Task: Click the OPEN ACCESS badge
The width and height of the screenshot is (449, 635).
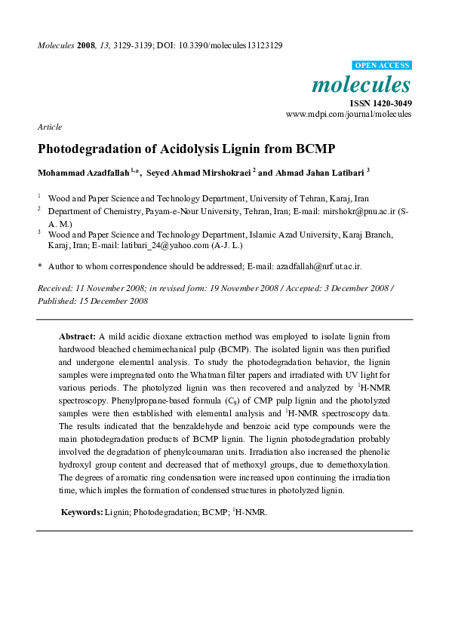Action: (383, 66)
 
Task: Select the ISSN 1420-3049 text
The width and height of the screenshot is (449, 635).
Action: (380, 103)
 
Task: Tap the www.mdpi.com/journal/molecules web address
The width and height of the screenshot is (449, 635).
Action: (349, 114)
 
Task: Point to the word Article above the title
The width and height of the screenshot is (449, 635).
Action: (49, 127)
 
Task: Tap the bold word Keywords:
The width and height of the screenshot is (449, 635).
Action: (81, 512)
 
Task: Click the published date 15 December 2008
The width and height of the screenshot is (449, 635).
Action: (115, 300)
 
